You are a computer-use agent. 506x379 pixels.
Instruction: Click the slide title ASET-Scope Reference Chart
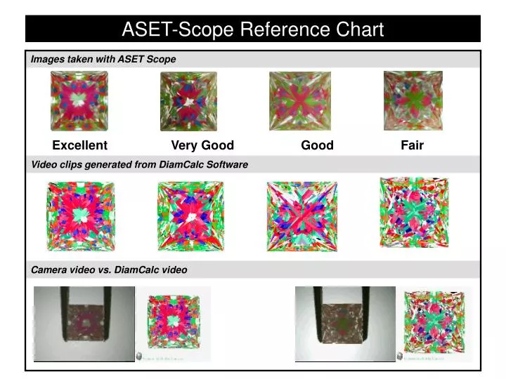pyautogui.click(x=252, y=29)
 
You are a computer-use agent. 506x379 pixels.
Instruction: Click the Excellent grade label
pyautogui.click(x=79, y=145)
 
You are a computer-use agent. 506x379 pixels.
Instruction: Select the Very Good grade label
pyautogui.click(x=202, y=145)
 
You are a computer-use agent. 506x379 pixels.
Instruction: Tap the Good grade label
pyautogui.click(x=317, y=145)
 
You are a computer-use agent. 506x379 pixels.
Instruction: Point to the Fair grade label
pyautogui.click(x=412, y=145)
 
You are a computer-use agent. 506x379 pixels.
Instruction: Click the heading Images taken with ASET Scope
pyautogui.click(x=103, y=60)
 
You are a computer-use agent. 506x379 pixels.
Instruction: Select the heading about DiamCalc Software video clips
pyautogui.click(x=139, y=164)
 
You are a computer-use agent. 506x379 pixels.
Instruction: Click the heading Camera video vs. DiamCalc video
pyautogui.click(x=109, y=270)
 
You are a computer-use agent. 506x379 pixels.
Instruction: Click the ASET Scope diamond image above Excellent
pyautogui.click(x=79, y=102)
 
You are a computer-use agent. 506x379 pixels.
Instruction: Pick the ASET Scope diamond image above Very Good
pyautogui.click(x=188, y=101)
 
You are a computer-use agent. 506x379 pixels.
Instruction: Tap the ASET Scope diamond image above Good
pyautogui.click(x=300, y=102)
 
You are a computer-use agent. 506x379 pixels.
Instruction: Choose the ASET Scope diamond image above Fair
pyautogui.click(x=413, y=100)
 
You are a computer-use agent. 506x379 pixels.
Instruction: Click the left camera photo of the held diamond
pyautogui.click(x=84, y=324)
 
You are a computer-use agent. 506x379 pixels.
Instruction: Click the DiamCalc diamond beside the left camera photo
pyautogui.click(x=173, y=323)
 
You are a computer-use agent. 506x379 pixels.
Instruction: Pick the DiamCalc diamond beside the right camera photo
pyautogui.click(x=435, y=321)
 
